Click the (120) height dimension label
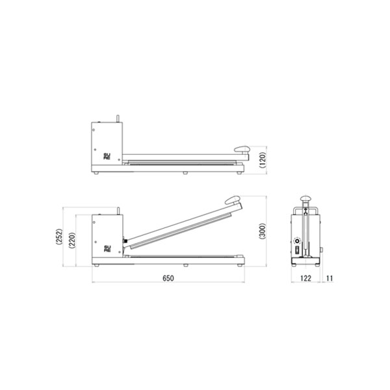263,160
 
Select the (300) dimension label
263,231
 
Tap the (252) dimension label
59,237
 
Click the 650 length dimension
168,278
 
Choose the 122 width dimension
305,278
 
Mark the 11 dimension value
330,278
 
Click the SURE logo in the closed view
107,156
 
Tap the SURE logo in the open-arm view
107,248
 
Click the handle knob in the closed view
242,149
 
